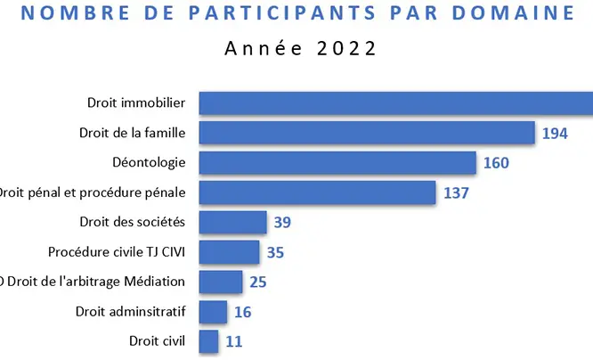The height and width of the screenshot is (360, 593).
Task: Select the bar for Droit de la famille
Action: [x=366, y=133]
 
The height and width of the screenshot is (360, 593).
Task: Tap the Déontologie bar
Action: [x=337, y=163]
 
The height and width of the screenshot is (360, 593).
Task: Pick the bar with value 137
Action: [x=317, y=192]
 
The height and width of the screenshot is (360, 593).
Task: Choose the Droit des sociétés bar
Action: [x=232, y=222]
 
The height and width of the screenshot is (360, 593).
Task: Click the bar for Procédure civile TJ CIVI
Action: [x=229, y=252]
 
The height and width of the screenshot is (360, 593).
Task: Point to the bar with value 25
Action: [x=220, y=282]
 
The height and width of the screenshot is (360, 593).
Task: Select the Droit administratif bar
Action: [x=212, y=312]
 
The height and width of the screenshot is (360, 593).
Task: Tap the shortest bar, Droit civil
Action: [x=208, y=341]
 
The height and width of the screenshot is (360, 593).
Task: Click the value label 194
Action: [x=554, y=134]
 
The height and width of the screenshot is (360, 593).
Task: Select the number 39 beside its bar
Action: [x=282, y=223]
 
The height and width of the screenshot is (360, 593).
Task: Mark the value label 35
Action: [x=275, y=253]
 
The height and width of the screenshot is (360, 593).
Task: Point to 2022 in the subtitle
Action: [x=343, y=48]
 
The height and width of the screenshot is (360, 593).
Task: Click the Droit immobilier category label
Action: [x=136, y=103]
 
